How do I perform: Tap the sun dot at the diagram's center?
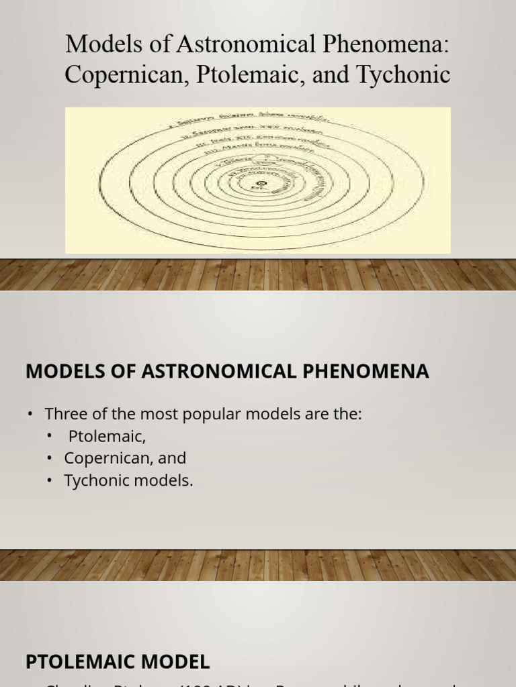point(261,182)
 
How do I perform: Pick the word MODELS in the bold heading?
point(59,371)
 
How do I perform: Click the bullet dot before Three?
point(30,414)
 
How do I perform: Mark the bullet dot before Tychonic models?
point(50,480)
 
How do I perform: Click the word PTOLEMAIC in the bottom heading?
point(83,643)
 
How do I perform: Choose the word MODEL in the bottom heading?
point(177,643)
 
